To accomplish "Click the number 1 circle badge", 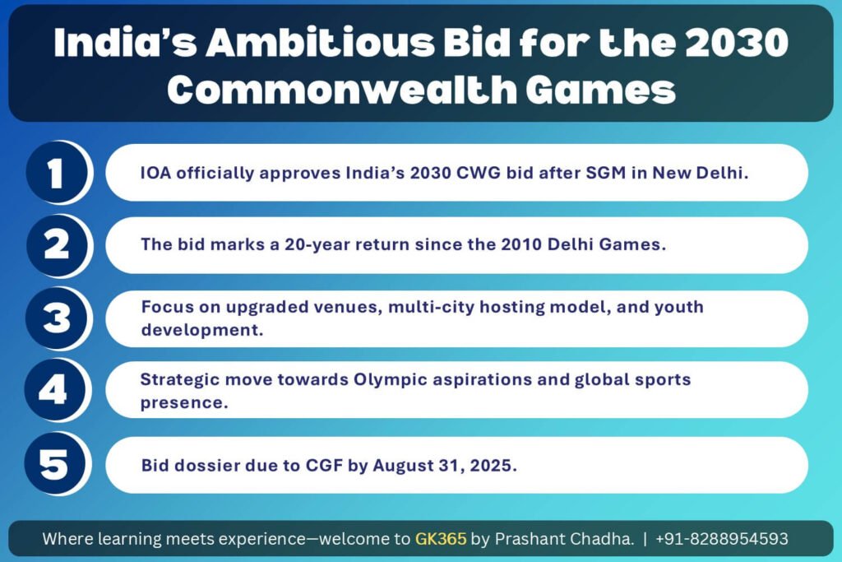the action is (57, 173).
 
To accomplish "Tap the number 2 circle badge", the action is (57, 245).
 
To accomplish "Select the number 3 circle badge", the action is (57, 318).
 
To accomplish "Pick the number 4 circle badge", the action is (55, 390).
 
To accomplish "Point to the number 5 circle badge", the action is (55, 464).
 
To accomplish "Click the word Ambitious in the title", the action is (321, 43).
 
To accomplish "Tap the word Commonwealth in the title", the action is (342, 89).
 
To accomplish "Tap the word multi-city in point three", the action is (431, 307).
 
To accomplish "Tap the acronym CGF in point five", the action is (324, 465).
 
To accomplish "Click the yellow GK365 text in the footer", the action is (441, 538).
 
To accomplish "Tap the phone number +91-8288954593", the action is (722, 538).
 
